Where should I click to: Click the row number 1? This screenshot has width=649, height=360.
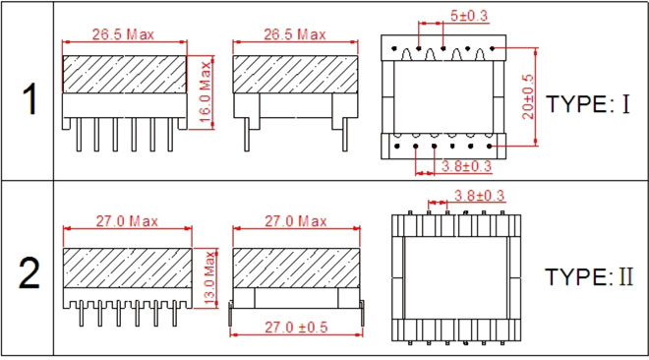click(29, 99)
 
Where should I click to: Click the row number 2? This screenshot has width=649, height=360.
click(29, 272)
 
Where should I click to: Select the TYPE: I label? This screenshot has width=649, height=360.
click(588, 103)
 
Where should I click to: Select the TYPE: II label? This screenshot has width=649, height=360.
click(589, 276)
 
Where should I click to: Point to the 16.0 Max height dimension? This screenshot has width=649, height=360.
click(206, 91)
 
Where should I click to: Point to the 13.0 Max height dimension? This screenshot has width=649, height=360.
click(210, 278)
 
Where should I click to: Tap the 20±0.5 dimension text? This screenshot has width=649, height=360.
click(528, 96)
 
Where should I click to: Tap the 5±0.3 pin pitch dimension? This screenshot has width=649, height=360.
click(469, 16)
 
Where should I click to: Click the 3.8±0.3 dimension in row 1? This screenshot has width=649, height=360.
click(466, 166)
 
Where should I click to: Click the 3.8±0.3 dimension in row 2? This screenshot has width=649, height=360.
click(479, 196)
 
